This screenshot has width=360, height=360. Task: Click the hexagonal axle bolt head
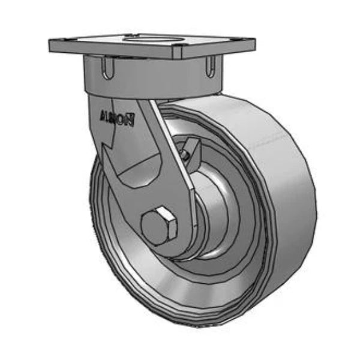point(159,227)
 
